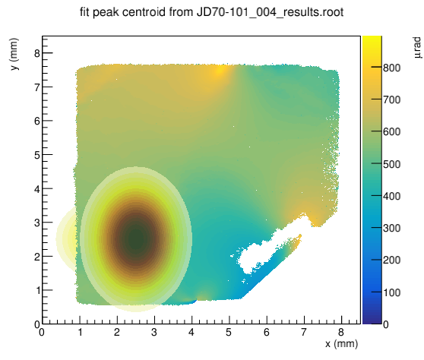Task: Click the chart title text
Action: (211, 12)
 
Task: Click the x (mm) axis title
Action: (342, 344)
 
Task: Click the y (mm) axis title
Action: (14, 54)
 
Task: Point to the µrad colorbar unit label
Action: (417, 48)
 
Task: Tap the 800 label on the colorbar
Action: (392, 68)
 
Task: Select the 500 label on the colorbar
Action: (392, 164)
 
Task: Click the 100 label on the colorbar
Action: (392, 292)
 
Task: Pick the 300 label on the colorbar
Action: (392, 228)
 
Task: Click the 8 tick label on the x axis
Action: (341, 332)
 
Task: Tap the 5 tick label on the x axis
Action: (229, 332)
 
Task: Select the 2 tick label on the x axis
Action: (117, 332)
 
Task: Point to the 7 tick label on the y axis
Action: (37, 87)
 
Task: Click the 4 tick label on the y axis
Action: (37, 189)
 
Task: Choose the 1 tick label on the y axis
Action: (37, 291)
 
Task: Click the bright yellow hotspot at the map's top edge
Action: (219, 71)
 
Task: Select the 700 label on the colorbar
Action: (392, 99)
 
